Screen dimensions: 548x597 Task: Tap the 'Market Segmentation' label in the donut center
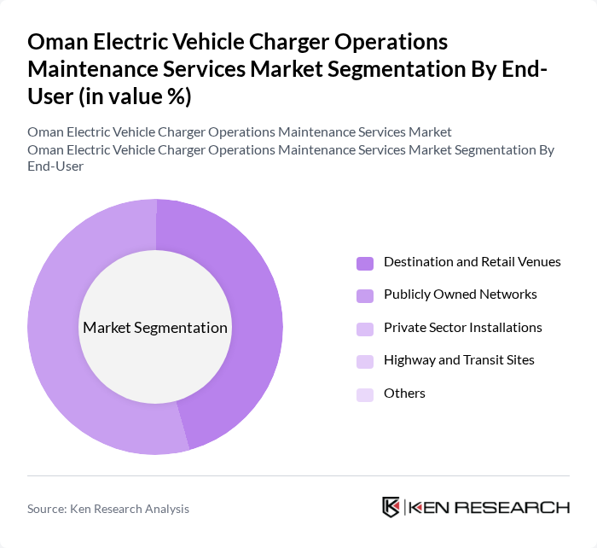click(155, 328)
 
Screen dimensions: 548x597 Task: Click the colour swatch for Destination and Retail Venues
click(365, 263)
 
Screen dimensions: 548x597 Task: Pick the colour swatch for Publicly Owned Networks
click(365, 295)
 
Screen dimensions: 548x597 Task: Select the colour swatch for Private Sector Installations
click(365, 329)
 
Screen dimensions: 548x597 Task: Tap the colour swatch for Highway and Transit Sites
click(365, 361)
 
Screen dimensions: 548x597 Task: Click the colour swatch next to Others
click(365, 394)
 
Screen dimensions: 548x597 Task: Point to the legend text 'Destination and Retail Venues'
click(472, 262)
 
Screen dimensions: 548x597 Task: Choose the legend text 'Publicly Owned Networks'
click(460, 294)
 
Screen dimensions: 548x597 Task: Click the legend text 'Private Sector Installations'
click(462, 328)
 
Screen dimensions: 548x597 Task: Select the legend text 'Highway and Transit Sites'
click(459, 360)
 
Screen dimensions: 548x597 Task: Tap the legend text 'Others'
click(404, 394)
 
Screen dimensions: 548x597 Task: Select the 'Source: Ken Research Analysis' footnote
click(108, 509)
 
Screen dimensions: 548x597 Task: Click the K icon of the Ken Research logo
click(391, 507)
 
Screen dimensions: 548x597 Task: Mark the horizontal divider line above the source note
click(298, 475)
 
